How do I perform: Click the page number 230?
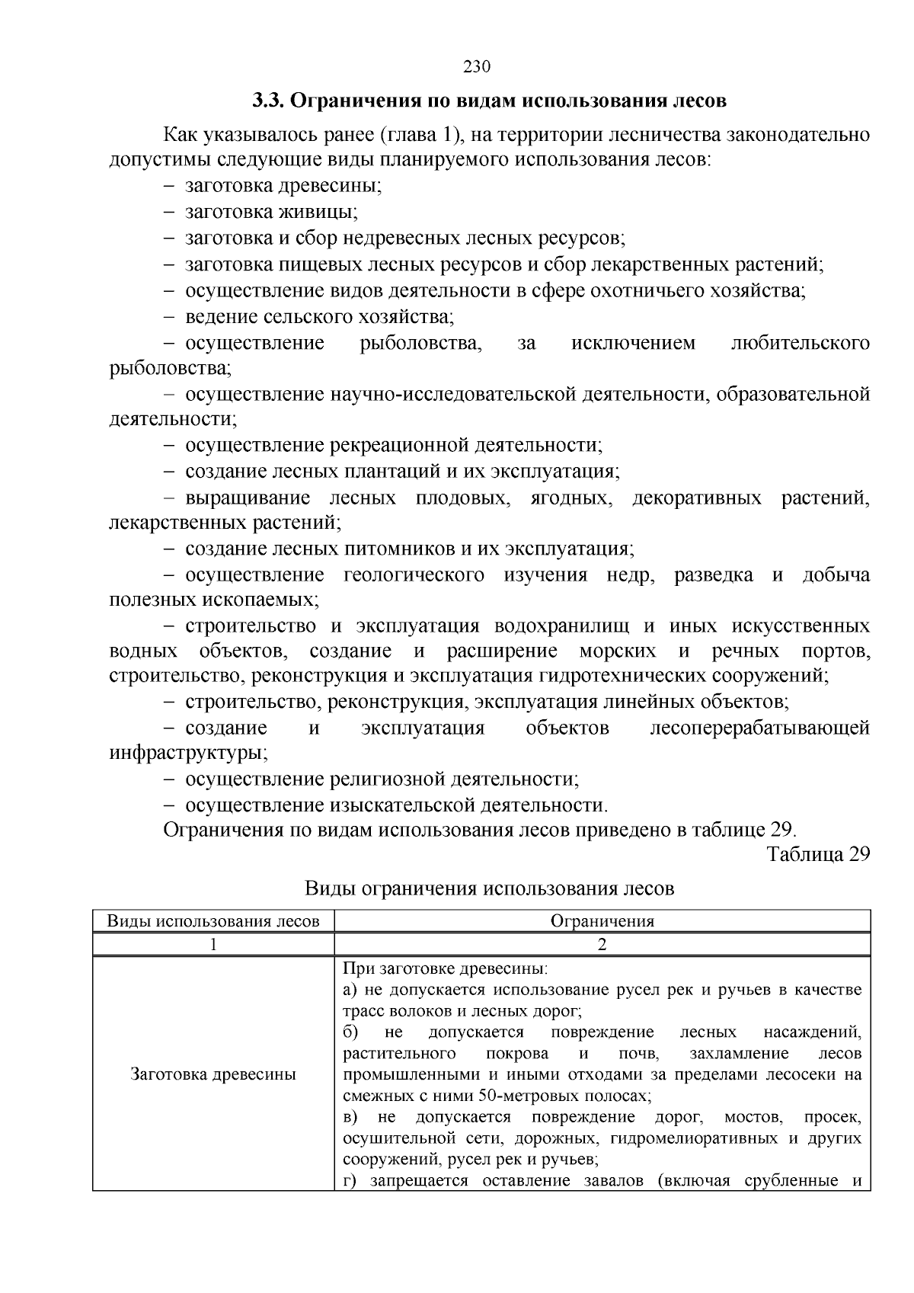click(x=477, y=66)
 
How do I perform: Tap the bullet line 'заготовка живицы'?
click(x=271, y=212)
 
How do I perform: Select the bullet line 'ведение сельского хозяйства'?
click(x=319, y=316)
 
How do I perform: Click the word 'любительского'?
click(x=800, y=343)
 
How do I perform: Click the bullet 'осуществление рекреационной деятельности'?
click(x=393, y=445)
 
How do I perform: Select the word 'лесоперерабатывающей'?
click(x=759, y=728)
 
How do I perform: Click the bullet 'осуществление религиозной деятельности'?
click(x=382, y=779)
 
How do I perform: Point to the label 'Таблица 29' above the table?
click(x=819, y=854)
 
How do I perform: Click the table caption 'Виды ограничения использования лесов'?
click(x=489, y=888)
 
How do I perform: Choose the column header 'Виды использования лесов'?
click(x=213, y=921)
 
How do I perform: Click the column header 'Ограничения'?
click(x=602, y=921)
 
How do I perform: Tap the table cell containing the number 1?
click(x=213, y=945)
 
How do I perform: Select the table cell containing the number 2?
click(x=602, y=945)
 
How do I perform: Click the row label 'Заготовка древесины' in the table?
click(x=213, y=1075)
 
